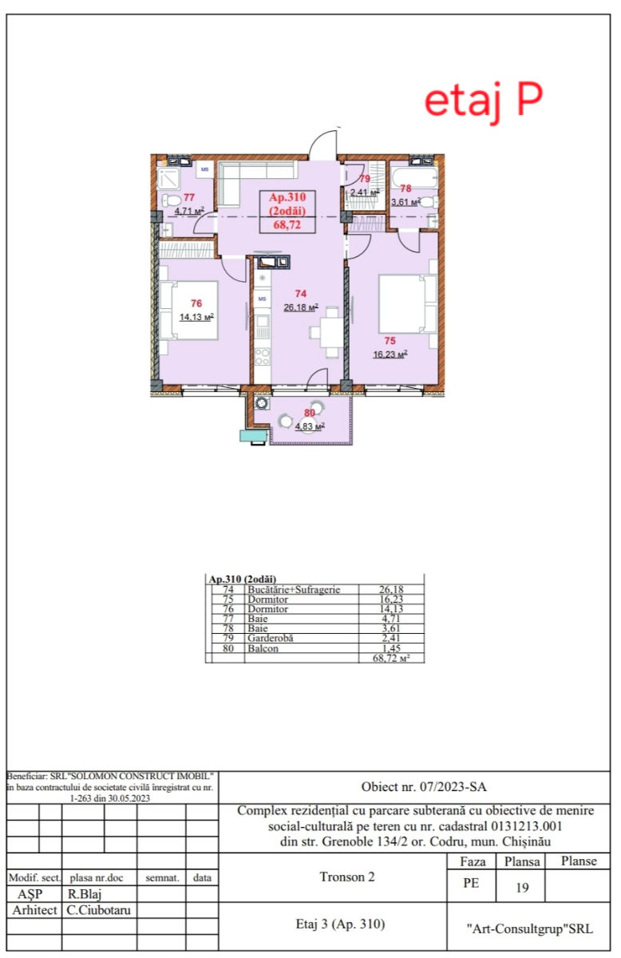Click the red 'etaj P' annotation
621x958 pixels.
(483, 103)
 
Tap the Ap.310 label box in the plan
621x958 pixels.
(287, 212)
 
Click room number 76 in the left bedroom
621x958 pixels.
(196, 303)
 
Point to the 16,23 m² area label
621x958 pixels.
(390, 354)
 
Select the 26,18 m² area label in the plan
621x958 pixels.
(301, 307)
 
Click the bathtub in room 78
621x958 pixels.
(414, 177)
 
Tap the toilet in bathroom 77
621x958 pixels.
(171, 200)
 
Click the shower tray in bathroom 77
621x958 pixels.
(168, 179)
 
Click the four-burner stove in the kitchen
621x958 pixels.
(262, 357)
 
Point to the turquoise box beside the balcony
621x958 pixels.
(253, 436)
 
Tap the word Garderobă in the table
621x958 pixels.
(271, 638)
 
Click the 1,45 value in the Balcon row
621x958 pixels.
(391, 648)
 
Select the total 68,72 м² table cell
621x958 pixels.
(391, 658)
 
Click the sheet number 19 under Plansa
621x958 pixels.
(522, 888)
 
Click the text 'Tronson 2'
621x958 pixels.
(347, 877)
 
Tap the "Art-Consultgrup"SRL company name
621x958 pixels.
(529, 928)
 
